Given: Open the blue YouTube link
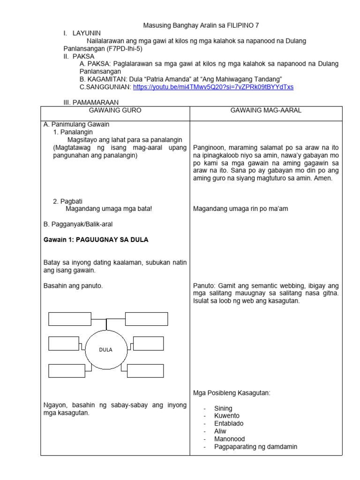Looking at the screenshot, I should pyautogui.click(x=213, y=87).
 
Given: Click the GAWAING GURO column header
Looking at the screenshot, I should pyautogui.click(x=115, y=110).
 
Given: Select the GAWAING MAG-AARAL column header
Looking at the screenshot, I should pyautogui.click(x=265, y=110).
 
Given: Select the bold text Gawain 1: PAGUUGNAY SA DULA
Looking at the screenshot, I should pyautogui.click(x=96, y=240).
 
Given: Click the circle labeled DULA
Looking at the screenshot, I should pyautogui.click(x=105, y=349).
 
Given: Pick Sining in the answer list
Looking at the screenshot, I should pyautogui.click(x=223, y=408).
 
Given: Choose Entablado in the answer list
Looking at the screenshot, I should pyautogui.click(x=229, y=423).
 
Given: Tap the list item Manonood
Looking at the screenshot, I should pyautogui.click(x=229, y=439).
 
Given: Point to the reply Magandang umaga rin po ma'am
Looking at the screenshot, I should pyautogui.click(x=240, y=209).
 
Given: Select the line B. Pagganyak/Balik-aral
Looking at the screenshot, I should pyautogui.click(x=78, y=225).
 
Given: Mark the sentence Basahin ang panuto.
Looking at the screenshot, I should pyautogui.click(x=73, y=285).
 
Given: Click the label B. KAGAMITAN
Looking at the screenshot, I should pyautogui.click(x=100, y=79).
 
